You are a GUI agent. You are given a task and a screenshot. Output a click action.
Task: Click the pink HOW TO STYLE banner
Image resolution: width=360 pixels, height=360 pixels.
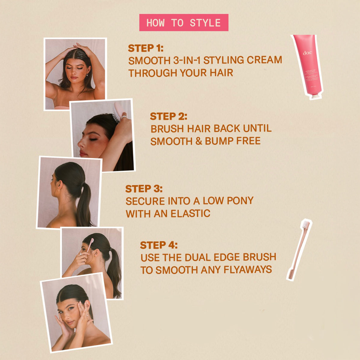pos(184,22)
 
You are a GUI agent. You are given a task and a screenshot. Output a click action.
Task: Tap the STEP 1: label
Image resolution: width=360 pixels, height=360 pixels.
pos(146,48)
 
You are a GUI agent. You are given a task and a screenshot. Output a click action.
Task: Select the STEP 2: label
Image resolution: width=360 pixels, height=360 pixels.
pos(169,116)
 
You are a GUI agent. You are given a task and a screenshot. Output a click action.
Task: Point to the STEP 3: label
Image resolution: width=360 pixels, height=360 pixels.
pos(144,189)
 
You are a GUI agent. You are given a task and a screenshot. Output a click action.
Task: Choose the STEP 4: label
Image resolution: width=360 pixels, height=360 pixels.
pos(159,245)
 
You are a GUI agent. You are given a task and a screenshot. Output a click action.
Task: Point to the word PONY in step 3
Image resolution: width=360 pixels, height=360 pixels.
pos(240,201)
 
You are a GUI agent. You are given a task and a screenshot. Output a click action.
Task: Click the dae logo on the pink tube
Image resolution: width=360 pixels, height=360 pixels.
pos(307,53)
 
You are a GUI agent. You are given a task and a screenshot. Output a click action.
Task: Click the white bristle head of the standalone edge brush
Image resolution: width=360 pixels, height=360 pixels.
pos(306,225)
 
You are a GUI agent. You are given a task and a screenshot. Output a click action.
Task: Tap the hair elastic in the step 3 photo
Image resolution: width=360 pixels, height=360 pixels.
pos(83,183)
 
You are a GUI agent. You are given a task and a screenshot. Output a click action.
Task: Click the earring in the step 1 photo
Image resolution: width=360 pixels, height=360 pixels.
pos(87,74)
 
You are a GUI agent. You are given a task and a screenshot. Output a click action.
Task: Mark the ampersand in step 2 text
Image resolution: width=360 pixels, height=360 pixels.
pos(199,141)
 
